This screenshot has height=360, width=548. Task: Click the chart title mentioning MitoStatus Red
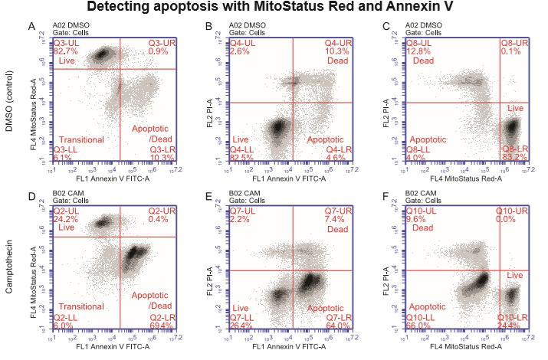(274, 8)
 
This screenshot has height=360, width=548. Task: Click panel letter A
(31, 27)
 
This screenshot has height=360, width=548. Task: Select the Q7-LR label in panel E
(338, 316)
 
